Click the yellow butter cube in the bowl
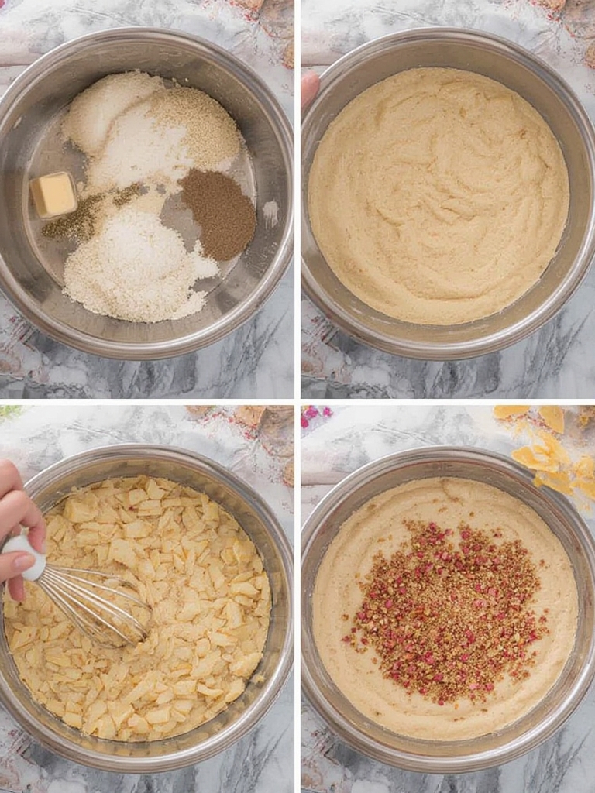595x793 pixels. pos(53,194)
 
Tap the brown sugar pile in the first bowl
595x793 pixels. pos(218,214)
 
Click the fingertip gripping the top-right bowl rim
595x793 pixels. pos(309,87)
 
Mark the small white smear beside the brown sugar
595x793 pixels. pos(270,211)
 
